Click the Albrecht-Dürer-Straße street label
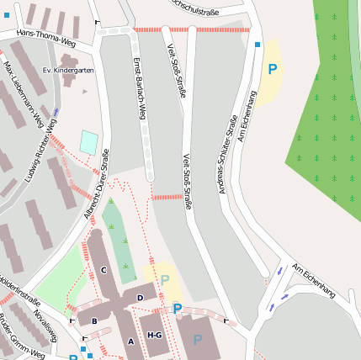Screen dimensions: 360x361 97,185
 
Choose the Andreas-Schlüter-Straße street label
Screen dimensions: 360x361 228,156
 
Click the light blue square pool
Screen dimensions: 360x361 88,142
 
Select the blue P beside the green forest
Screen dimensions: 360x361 272,70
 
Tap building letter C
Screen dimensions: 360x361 104,270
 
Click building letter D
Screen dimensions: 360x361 140,297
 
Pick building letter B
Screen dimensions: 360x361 94,320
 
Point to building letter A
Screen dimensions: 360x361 130,341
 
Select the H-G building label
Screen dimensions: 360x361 155,335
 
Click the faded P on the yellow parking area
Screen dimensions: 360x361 165,280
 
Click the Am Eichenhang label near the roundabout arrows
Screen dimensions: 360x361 314,280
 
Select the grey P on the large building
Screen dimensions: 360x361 197,341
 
